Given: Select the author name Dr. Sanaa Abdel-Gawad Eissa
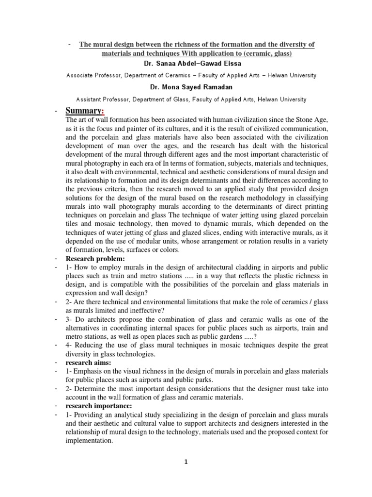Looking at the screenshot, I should click(186, 64).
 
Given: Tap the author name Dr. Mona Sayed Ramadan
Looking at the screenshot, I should click(186, 88).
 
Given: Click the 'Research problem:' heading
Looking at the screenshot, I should click(94, 259).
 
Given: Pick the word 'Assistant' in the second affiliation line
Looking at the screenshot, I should click(81, 99).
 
